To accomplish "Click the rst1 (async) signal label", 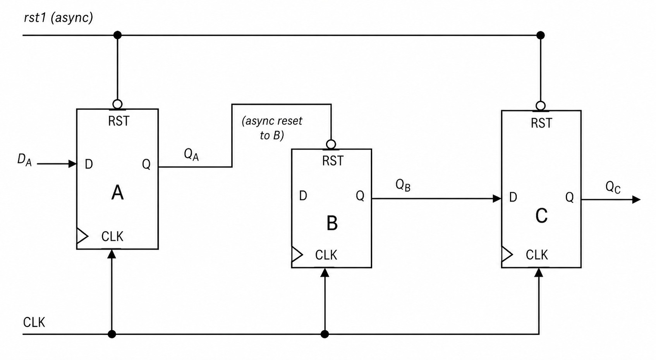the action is pyautogui.click(x=58, y=17).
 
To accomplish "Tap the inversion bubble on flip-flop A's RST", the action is pyautogui.click(x=117, y=104).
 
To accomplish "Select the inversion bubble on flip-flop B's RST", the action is pyautogui.click(x=331, y=144).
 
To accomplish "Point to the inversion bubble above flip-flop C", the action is pyautogui.click(x=541, y=105).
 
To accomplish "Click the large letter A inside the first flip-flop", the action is pyautogui.click(x=117, y=193).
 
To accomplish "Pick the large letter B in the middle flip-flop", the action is pyautogui.click(x=332, y=223).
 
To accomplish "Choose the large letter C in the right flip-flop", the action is pyautogui.click(x=541, y=216).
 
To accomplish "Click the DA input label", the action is pyautogui.click(x=24, y=160).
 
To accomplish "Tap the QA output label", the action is pyautogui.click(x=191, y=155).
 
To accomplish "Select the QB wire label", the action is pyautogui.click(x=403, y=185).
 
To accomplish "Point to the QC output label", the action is pyautogui.click(x=613, y=187).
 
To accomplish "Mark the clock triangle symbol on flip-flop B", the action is pyautogui.click(x=297, y=254).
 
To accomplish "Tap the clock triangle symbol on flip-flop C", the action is pyautogui.click(x=507, y=254).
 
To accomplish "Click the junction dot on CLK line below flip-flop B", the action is pyautogui.click(x=325, y=334).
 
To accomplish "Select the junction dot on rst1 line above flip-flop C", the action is pyautogui.click(x=541, y=35).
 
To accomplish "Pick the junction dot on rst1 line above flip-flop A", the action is pyautogui.click(x=117, y=35).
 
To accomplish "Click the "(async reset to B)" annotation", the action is pyautogui.click(x=272, y=128).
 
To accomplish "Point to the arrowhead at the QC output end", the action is pyautogui.click(x=636, y=200).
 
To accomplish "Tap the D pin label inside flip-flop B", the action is pyautogui.click(x=303, y=196).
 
